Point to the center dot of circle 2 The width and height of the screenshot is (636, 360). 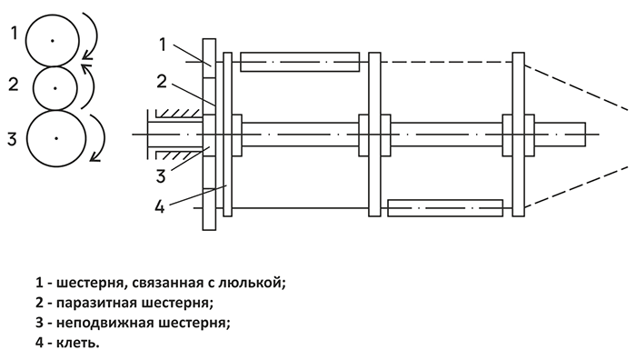(x=55, y=88)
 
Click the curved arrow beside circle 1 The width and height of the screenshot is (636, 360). (x=97, y=35)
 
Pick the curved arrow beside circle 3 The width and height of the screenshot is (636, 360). (x=104, y=138)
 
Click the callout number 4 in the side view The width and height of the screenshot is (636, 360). (x=160, y=206)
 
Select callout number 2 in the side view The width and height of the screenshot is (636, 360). (x=162, y=81)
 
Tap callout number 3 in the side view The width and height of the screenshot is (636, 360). (x=161, y=176)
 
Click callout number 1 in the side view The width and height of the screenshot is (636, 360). (x=163, y=45)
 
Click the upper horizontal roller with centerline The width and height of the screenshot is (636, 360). (x=300, y=62)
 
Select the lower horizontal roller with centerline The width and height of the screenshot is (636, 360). (x=445, y=208)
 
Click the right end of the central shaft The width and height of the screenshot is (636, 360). (x=585, y=134)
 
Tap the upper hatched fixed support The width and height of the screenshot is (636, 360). (x=179, y=114)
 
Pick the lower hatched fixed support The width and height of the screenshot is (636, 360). (x=179, y=155)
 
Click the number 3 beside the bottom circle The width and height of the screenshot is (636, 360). (x=12, y=139)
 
